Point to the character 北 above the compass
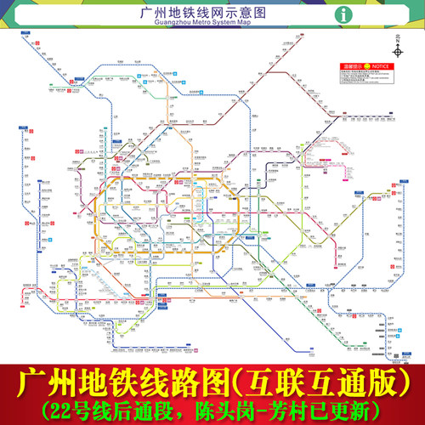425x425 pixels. tap(395, 37)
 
